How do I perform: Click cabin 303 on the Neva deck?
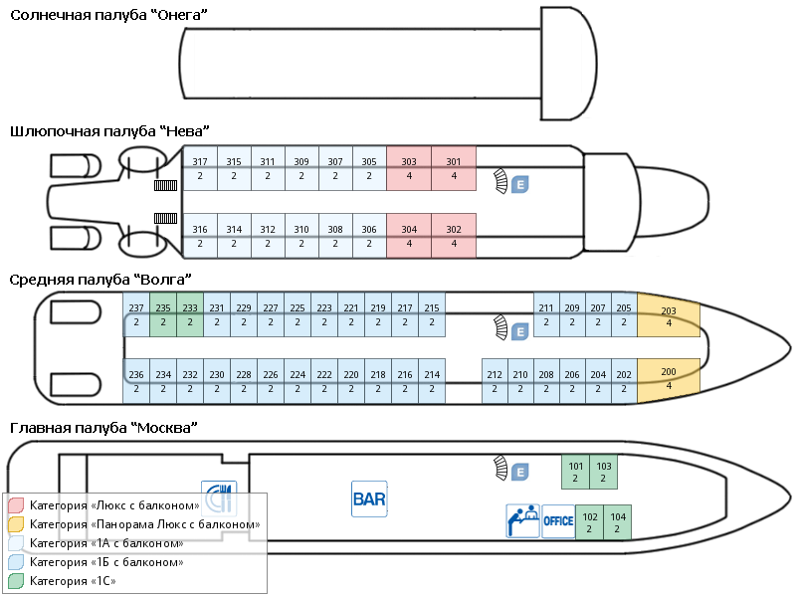coord(409,168)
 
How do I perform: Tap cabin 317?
coord(200,168)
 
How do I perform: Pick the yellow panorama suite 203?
coord(668,315)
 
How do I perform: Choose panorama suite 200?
coord(668,378)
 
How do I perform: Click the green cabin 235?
coord(163,315)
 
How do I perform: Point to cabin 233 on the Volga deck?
coord(190,315)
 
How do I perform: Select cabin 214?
coord(432,381)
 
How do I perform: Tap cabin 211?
coord(545,315)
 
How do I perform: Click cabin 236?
coord(136,381)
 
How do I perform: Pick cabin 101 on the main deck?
coord(576,473)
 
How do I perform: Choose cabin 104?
coord(618,522)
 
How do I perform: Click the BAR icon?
coord(368,498)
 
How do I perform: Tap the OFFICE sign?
coord(558,521)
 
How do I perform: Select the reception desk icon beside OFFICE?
coord(522,520)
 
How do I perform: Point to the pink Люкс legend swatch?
coord(15,505)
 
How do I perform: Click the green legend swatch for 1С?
coord(15,581)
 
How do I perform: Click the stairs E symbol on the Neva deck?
coord(518,184)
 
